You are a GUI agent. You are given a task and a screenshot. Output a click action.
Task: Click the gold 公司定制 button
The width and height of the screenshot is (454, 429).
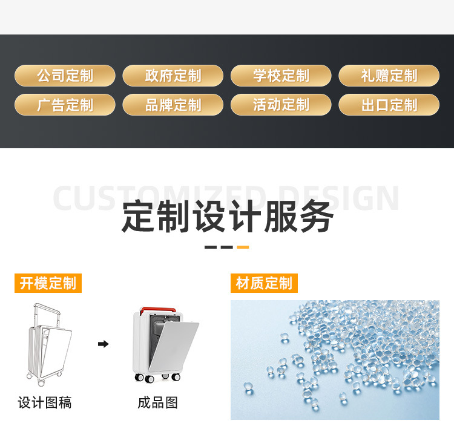65,76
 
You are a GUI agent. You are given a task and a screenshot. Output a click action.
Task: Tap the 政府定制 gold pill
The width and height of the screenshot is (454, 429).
173,76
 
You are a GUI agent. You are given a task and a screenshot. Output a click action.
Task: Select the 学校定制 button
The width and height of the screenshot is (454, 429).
281,76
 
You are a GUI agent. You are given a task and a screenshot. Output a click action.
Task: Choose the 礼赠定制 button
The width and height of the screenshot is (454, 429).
389,76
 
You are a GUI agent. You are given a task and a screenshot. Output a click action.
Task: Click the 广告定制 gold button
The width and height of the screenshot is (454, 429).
65,105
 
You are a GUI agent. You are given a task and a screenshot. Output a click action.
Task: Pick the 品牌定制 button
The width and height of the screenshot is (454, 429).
173,105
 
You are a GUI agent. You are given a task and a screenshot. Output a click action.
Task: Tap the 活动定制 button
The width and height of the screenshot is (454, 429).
281,105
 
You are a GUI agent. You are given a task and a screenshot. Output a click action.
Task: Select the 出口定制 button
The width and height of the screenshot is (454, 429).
389,105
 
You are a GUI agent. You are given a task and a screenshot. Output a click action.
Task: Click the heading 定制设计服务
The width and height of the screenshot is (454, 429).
227,217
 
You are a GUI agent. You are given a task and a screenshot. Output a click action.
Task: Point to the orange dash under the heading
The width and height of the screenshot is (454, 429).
242,247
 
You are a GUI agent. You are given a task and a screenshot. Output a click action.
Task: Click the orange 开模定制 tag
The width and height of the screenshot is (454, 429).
48,283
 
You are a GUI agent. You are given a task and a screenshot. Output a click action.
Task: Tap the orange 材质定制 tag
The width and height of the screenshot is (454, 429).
264,283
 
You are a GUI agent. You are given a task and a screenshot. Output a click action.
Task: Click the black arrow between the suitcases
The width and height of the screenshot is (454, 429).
104,344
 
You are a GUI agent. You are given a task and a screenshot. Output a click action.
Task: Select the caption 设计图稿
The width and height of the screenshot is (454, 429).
45,402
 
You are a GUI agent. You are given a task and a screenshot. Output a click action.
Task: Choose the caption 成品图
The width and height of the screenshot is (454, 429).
157,402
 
